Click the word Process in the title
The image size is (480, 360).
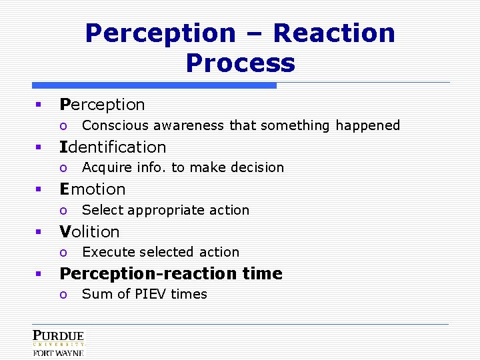point(240,63)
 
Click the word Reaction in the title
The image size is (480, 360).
point(334,33)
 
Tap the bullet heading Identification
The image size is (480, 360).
point(113,147)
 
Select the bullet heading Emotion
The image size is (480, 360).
point(93,189)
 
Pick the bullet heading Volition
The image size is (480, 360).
point(89,231)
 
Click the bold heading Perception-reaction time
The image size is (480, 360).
point(171,273)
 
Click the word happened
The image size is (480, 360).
point(367,125)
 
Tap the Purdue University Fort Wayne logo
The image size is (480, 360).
point(59,343)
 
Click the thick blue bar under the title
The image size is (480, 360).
point(154,85)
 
